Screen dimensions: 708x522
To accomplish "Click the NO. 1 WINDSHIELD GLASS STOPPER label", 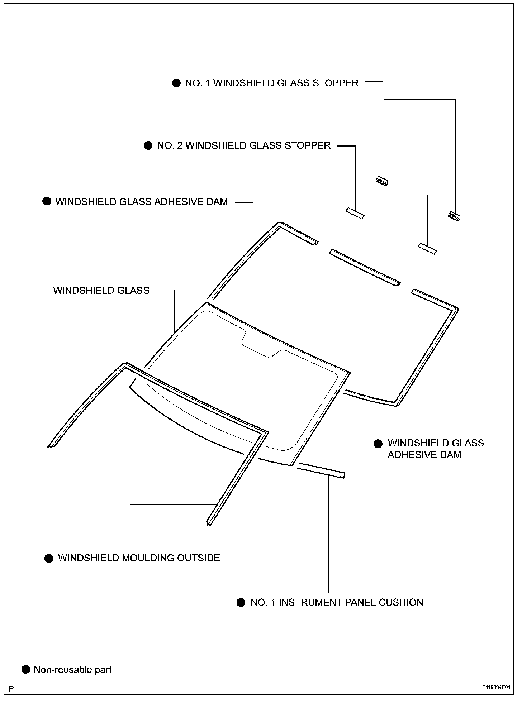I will tap(271, 83).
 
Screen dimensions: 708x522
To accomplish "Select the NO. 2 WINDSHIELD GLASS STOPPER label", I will tap(243, 145).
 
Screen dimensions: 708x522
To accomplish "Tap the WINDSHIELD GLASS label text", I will tap(101, 290).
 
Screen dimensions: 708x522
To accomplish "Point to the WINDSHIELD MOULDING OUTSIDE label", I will tap(139, 558).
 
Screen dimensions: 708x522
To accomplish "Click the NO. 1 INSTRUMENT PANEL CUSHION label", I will tap(337, 602).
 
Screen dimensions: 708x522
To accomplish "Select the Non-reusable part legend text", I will tap(72, 669).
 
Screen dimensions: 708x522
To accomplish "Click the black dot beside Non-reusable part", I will tap(26, 669).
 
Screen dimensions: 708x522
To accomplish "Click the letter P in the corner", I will tap(12, 689).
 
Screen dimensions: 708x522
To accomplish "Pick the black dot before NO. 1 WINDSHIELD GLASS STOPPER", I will tap(176, 83).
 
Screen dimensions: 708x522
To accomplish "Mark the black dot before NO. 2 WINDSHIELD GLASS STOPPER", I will tap(148, 145).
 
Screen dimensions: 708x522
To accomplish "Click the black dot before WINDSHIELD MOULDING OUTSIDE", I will tap(49, 558).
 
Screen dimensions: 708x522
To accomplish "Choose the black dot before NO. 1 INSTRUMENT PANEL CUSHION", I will tap(241, 602).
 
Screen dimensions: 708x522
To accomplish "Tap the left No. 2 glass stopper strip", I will tap(355, 213).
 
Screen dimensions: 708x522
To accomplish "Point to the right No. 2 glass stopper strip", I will tap(427, 248).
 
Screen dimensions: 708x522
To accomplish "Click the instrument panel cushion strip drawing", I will tap(321, 471).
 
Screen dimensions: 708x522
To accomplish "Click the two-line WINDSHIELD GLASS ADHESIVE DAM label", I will tap(436, 449).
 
